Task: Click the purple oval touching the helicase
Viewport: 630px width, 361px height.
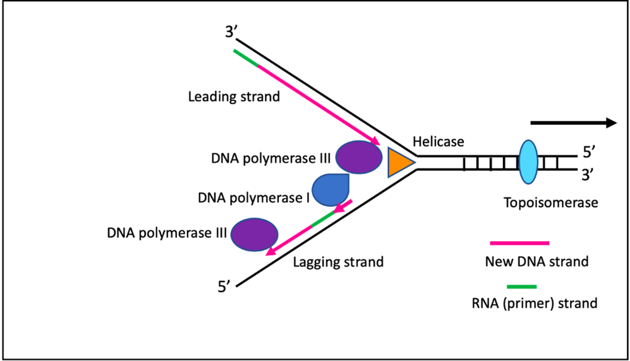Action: point(358,157)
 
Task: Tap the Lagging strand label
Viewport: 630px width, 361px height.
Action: point(338,261)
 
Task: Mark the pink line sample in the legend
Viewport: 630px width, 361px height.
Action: point(519,242)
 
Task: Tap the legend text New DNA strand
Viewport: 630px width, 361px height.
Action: point(536,261)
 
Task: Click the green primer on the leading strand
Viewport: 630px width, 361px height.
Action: point(246,57)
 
